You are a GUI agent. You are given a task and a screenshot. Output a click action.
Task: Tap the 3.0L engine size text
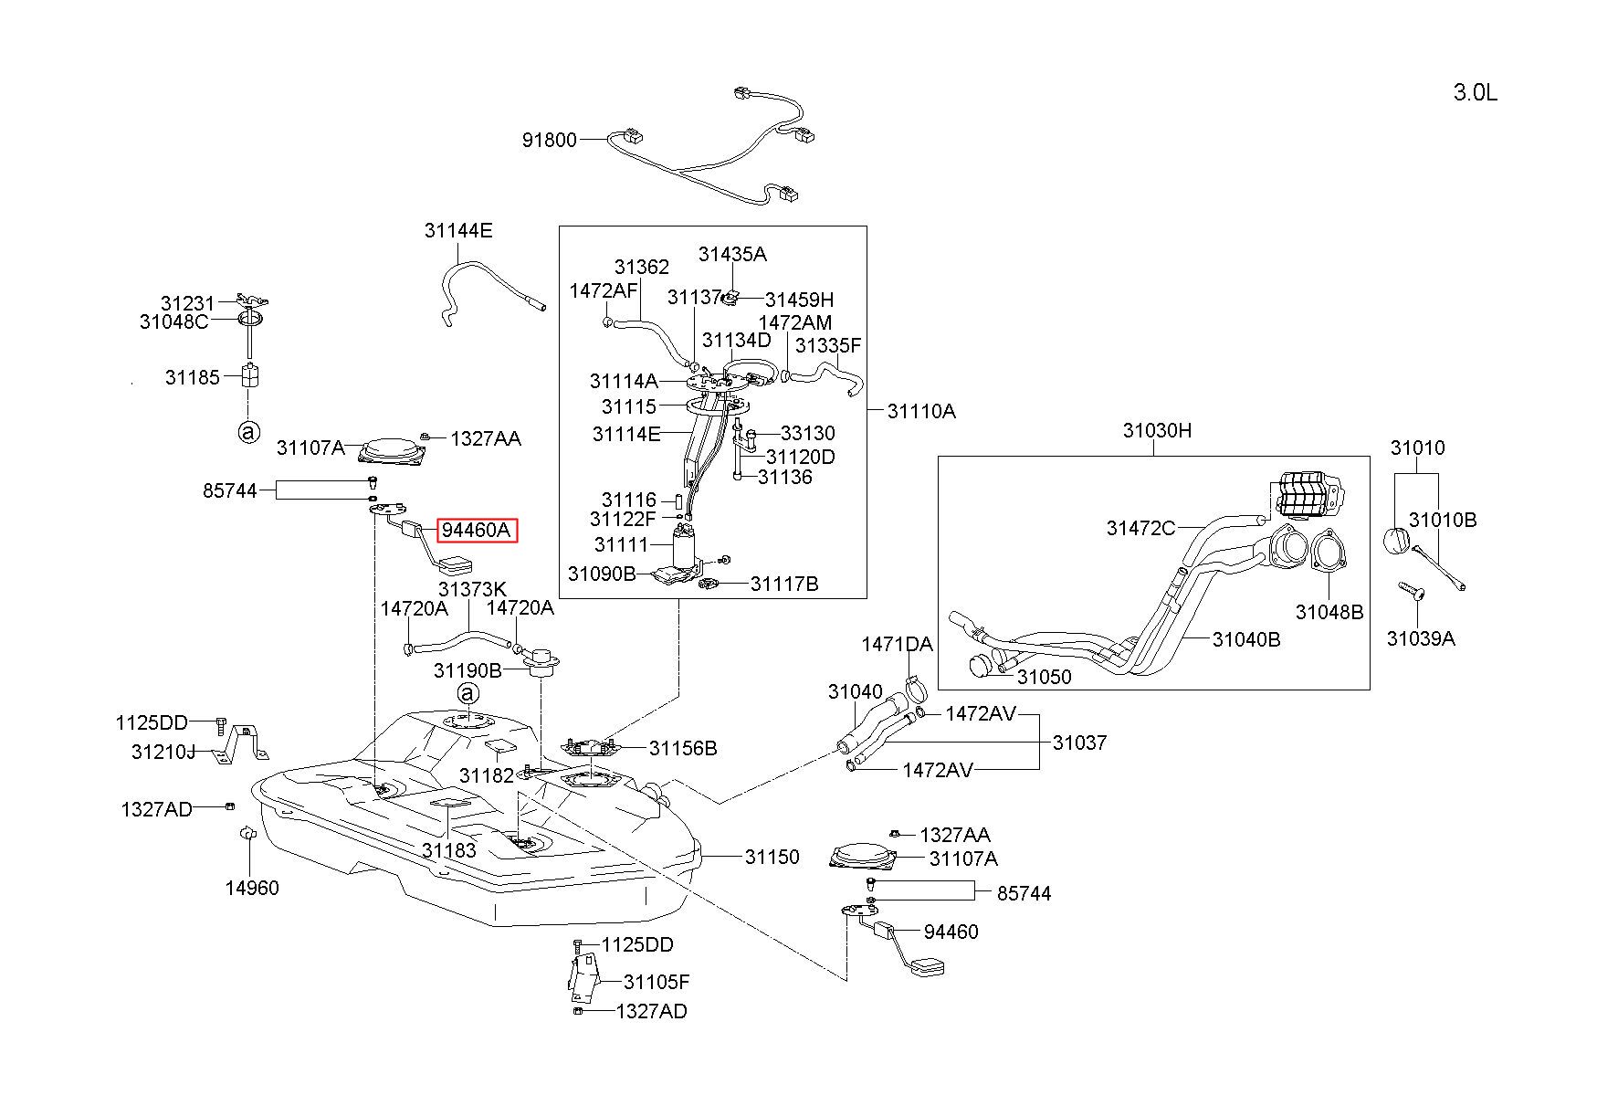coord(1476,92)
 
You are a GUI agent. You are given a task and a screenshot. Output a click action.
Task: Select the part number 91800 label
coord(550,140)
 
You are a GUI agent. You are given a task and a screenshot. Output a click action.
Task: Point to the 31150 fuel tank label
coord(772,857)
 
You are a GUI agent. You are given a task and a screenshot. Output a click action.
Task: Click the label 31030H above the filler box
coord(1157,430)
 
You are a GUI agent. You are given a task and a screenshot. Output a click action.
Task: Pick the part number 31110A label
coord(921,411)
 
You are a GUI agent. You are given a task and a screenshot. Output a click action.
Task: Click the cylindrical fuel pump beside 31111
coord(687,549)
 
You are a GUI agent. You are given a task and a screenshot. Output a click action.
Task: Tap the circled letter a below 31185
coord(248,432)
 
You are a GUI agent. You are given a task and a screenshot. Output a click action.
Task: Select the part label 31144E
coord(458,230)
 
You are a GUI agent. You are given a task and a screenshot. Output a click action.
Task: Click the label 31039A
coord(1421,638)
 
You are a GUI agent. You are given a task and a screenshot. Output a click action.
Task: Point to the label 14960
coord(252,887)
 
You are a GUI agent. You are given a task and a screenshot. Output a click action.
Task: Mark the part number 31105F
coord(657,982)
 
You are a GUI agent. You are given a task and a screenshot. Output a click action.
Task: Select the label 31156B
coord(683,749)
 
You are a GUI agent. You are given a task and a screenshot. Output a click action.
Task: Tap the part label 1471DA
coord(897,644)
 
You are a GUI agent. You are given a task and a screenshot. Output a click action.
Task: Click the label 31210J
coord(163,752)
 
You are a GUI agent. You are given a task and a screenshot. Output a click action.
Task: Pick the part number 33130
coord(808,433)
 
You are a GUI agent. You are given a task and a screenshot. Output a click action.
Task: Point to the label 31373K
coord(472,589)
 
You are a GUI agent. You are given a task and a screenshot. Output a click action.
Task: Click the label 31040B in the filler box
coord(1246,639)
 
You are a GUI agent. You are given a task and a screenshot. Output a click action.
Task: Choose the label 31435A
coord(733,254)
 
